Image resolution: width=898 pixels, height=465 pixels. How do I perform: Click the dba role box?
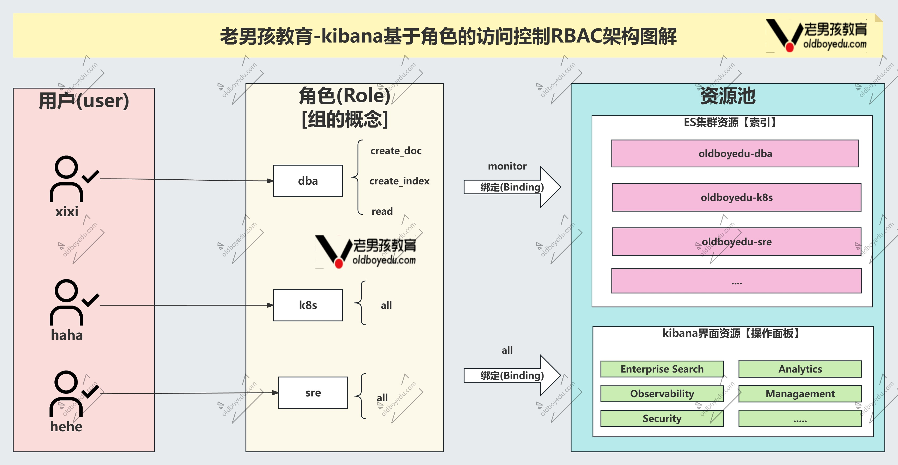[308, 181]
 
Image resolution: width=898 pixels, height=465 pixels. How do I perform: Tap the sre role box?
[313, 392]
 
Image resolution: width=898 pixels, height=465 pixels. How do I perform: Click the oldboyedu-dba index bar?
[735, 154]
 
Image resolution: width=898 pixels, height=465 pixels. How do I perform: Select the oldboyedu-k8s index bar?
[736, 197]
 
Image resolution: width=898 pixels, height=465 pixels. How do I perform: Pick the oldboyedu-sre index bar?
[736, 242]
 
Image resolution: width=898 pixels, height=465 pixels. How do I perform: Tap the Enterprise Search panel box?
[662, 369]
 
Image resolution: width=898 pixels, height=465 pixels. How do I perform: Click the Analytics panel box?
[800, 369]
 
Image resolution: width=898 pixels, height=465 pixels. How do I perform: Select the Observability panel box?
[662, 394]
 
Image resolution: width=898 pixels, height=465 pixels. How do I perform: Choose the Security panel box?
[662, 418]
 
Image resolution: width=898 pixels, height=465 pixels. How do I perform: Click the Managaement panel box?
[800, 394]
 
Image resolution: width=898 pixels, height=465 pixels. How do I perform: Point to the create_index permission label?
[399, 181]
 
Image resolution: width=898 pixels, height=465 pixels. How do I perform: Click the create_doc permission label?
[396, 151]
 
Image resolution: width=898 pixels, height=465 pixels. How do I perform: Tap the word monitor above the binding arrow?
[507, 166]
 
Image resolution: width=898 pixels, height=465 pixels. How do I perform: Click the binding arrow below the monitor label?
[512, 187]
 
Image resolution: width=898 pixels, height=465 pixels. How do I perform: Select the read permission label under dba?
[382, 211]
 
